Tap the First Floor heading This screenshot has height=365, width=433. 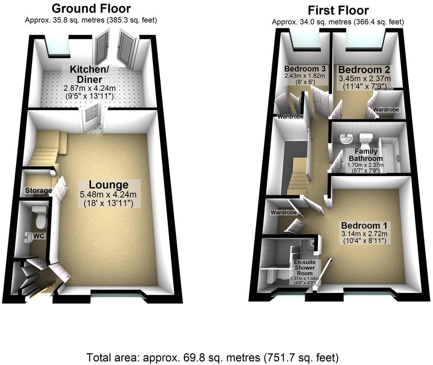338,10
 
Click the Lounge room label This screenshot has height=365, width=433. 108,185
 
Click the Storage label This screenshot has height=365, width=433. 38,191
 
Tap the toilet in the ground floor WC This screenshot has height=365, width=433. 40,217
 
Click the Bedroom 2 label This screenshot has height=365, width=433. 364,70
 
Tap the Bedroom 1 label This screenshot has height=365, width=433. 364,226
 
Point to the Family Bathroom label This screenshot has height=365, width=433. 365,156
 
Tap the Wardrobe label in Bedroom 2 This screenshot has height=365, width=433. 386,110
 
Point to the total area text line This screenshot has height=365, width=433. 213,357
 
